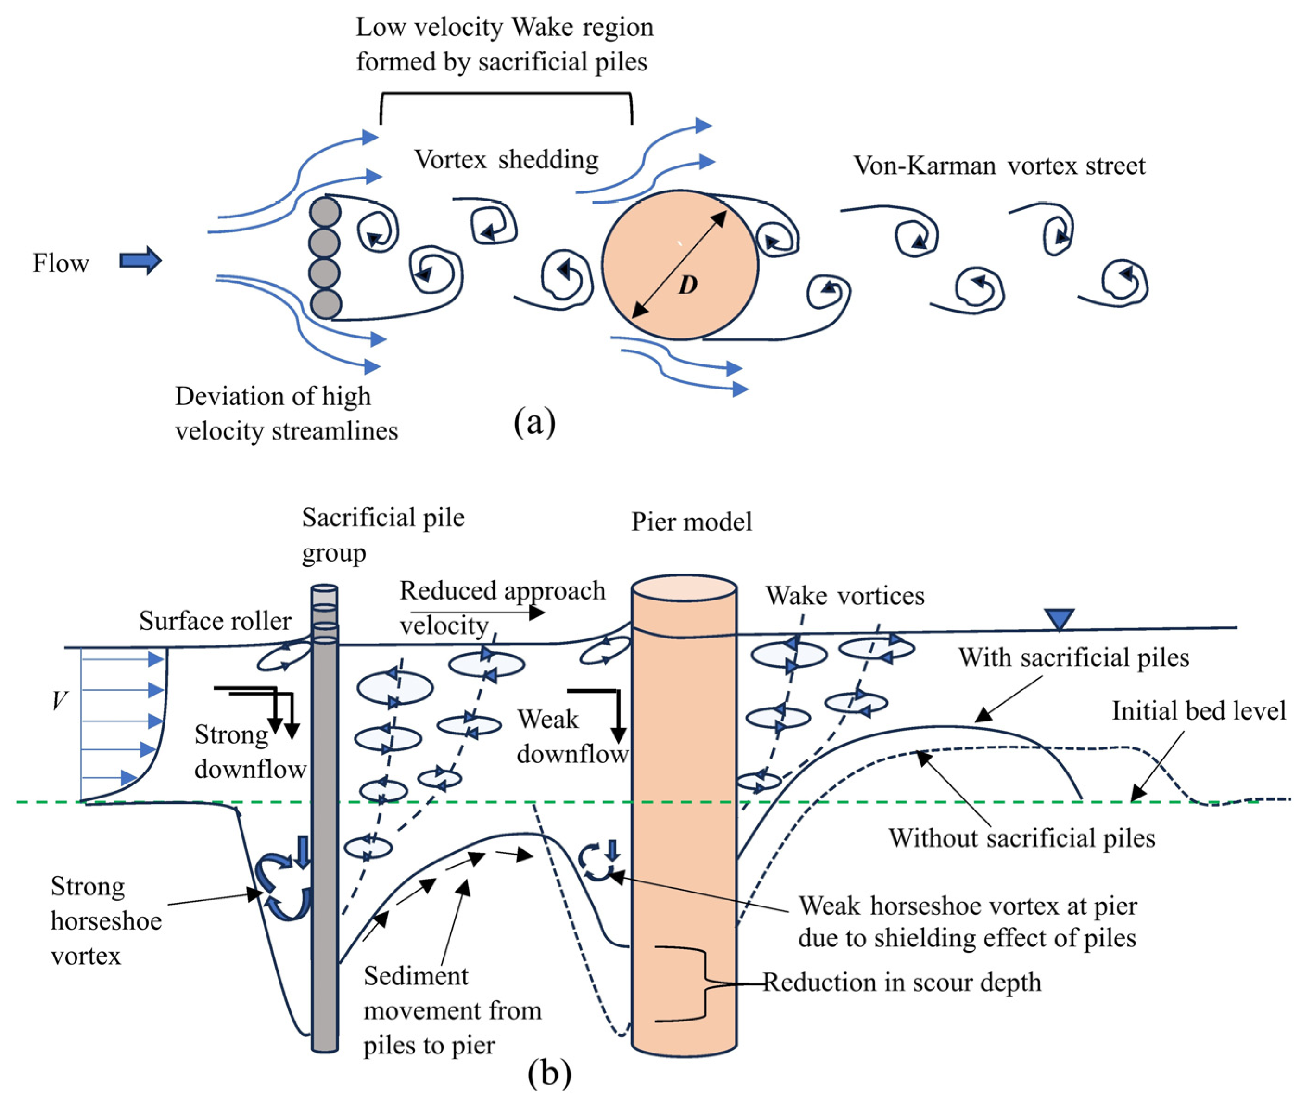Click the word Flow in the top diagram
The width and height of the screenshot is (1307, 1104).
(61, 263)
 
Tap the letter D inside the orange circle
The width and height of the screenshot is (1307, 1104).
(688, 285)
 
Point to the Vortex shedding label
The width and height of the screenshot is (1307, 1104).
(506, 160)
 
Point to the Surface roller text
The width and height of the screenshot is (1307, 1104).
(215, 621)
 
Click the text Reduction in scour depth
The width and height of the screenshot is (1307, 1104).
(901, 982)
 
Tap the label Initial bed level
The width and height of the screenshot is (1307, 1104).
(1198, 711)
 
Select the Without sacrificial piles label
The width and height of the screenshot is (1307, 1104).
(1021, 838)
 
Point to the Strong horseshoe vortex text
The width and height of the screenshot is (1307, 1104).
(105, 921)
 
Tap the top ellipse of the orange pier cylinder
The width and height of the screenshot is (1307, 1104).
(683, 588)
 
